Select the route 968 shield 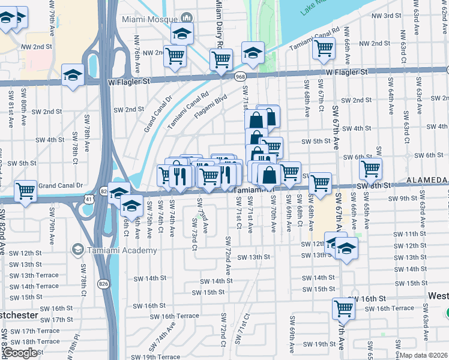(240, 76)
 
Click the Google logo (20, 353)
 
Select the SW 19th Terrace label (149, 356)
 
